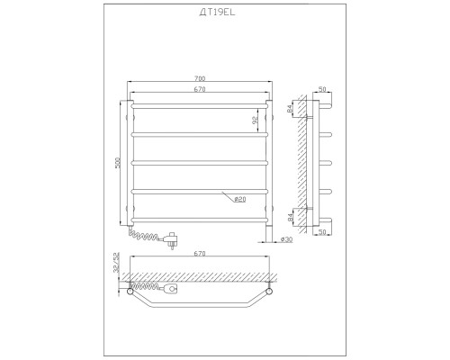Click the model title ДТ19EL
point(217,12)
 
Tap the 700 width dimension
point(200,78)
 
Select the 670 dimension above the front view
point(200,89)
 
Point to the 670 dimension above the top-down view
point(200,254)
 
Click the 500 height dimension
point(118,163)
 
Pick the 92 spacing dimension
point(256,121)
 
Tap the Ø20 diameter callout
point(240,199)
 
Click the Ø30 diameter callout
point(286,239)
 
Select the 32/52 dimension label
point(116,263)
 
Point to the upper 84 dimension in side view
point(290,108)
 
